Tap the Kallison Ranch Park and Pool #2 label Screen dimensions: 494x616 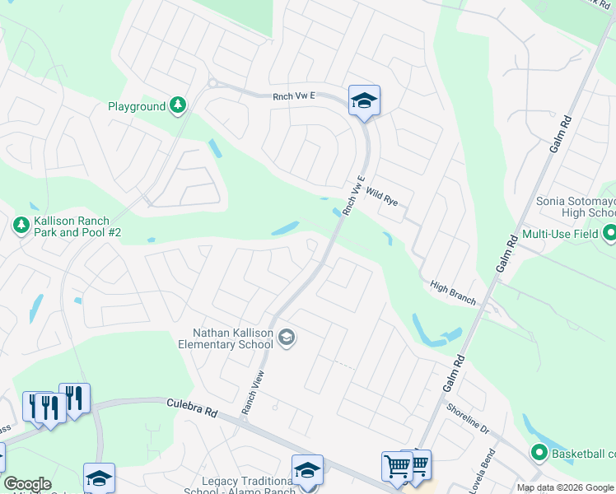coord(77,228)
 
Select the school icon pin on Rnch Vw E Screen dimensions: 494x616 coord(363,102)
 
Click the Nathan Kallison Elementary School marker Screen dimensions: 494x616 coord(287,337)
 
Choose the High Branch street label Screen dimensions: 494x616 coord(452,292)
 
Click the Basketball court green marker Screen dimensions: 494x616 coord(539,452)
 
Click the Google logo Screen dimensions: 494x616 coord(27,484)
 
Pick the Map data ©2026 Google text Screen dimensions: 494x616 coord(564,487)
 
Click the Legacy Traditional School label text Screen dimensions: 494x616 coord(240,486)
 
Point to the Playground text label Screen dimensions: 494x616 coord(137,106)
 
